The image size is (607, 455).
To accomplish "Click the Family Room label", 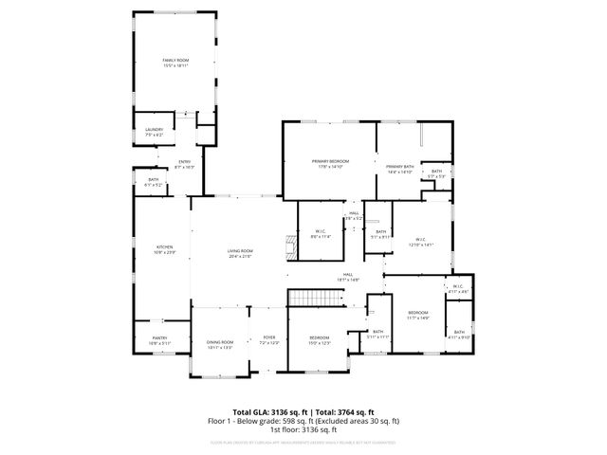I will pos(175,63).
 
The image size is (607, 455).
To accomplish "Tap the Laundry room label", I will pos(155,132).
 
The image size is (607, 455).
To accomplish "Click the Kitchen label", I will pos(165,249).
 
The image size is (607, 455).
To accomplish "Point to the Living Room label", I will pos(239,253).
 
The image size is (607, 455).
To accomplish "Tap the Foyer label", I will pos(268,340).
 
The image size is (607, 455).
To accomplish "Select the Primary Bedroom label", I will pos(330,164).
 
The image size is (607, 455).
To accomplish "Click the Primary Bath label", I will pos(400,169).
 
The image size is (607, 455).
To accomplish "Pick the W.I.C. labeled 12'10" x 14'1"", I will pos(419,241).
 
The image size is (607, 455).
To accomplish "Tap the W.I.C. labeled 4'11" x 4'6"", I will pos(456,289).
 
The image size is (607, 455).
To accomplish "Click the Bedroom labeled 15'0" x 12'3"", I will pos(319,340).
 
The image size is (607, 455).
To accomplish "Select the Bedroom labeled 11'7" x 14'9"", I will pos(418,315).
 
